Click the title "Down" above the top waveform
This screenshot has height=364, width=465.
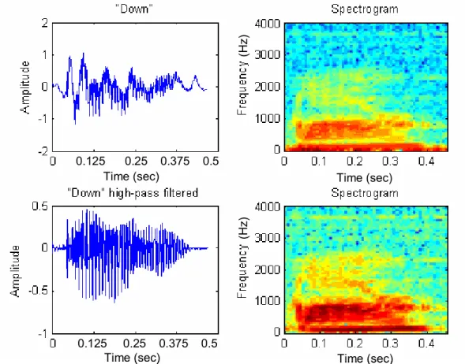tap(134, 9)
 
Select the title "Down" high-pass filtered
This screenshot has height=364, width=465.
tap(133, 193)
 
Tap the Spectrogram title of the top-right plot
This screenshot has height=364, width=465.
tap(365, 9)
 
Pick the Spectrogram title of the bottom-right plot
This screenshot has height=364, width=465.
tap(365, 193)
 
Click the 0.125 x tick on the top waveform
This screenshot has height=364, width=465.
tap(91, 162)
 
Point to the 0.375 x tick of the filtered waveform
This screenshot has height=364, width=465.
tap(174, 344)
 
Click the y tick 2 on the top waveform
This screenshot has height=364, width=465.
tap(45, 23)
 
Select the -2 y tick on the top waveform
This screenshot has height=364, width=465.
tap(43, 151)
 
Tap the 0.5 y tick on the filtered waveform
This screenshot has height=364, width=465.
tap(39, 206)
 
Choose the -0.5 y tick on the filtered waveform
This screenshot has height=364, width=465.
tap(38, 291)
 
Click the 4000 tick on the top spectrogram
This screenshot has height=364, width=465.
tap(267, 24)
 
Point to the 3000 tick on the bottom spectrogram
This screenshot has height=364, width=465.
tap(267, 238)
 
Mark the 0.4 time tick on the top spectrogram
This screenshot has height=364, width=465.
tap(426, 162)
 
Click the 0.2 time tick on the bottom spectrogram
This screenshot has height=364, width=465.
tap(354, 344)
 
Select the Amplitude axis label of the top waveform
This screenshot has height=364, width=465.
tap(25, 87)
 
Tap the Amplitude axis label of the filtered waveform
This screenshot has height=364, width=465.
tap(15, 271)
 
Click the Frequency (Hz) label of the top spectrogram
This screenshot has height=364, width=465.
tap(242, 75)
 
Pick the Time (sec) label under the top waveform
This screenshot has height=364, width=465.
tap(131, 176)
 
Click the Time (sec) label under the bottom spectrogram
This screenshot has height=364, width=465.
tap(365, 358)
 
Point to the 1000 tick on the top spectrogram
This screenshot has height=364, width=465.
tap(267, 119)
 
